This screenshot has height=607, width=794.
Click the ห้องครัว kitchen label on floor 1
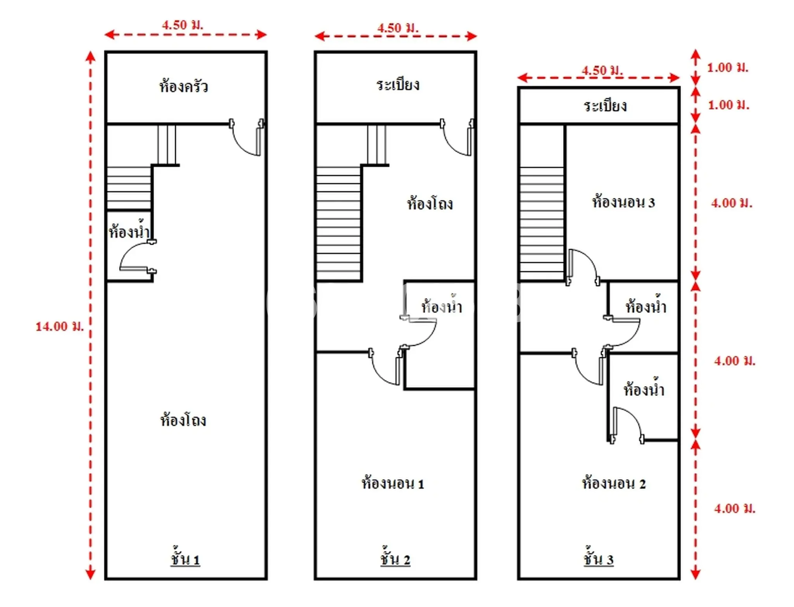(x=183, y=86)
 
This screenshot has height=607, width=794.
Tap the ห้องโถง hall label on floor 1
(x=183, y=420)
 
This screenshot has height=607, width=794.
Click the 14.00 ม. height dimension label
(x=60, y=327)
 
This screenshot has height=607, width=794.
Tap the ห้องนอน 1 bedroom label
(x=393, y=483)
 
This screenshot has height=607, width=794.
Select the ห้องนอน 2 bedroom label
(x=614, y=483)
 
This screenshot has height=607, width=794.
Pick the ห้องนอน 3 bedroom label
(x=623, y=202)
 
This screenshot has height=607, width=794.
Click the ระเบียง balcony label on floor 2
(x=398, y=85)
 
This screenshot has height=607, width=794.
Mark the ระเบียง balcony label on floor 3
(x=605, y=105)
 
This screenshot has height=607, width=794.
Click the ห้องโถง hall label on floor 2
(x=430, y=203)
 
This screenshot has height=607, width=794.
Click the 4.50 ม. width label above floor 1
(x=183, y=25)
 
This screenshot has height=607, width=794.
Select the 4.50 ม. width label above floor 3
(x=602, y=70)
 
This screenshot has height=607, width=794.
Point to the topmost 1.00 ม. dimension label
(x=728, y=67)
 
